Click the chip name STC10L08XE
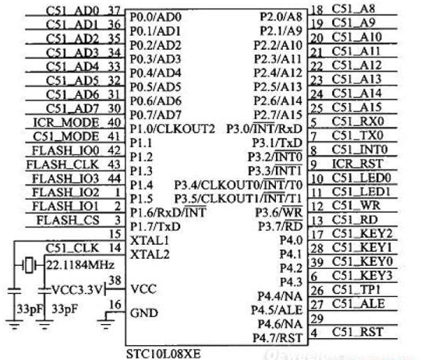coord(163,354)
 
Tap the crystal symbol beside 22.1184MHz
coord(30,265)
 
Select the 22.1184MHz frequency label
coord(80,265)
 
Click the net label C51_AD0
coord(73,11)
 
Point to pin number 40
coord(114,123)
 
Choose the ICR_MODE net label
coord(66,123)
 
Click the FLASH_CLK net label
coord(62,164)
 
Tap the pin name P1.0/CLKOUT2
coord(172,129)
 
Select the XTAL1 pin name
coord(150,241)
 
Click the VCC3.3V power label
coord(76,290)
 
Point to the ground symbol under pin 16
coord(106,321)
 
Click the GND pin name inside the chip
coord(144,312)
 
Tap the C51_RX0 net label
coord(358,122)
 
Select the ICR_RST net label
coord(357,164)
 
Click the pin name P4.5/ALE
coord(277,310)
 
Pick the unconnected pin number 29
coord(317,319)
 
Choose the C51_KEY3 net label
coord(363,276)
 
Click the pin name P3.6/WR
coord(278,213)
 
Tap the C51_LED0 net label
coord(362,178)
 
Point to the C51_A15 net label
coord(356,108)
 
